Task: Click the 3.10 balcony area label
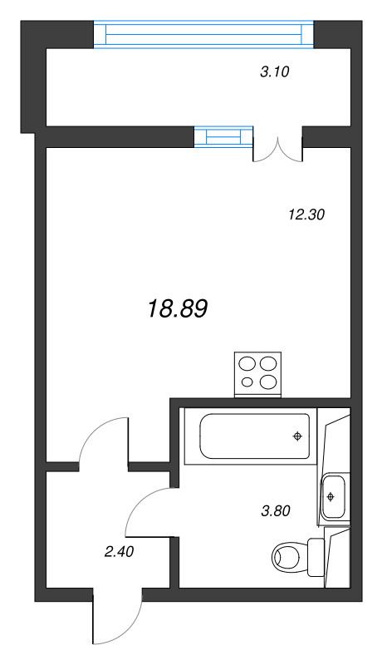point(274,72)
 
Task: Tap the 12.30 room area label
point(306,214)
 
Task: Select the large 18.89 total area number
point(177,309)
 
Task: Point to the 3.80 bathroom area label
point(274,511)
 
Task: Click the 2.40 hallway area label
point(120,549)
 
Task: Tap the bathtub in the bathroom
point(255,436)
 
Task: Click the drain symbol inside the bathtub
point(296,436)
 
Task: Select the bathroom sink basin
point(331,497)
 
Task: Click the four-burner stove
point(258,373)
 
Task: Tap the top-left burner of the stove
point(247,363)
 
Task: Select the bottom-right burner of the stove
point(268,382)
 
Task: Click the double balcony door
point(277,145)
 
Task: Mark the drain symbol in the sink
point(331,497)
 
